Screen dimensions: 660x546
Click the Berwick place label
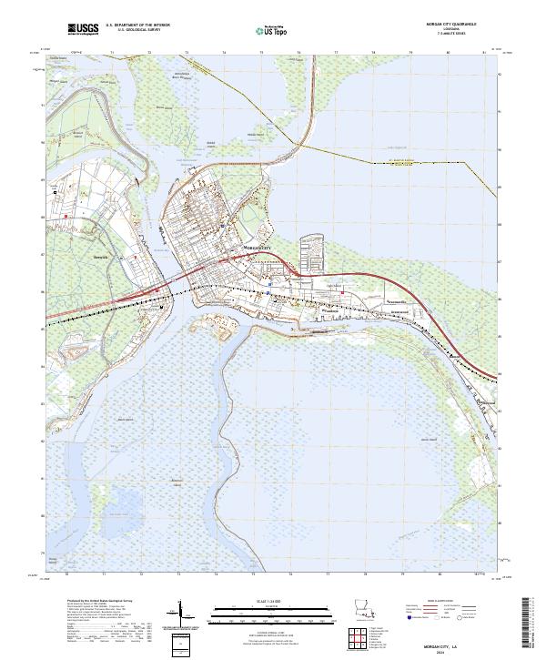(x=99, y=258)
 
